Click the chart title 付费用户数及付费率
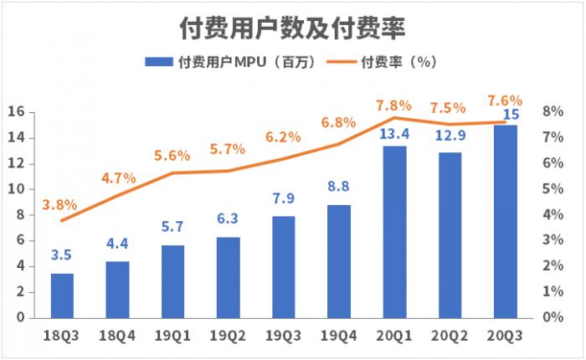(293, 28)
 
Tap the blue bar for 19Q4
(339, 261)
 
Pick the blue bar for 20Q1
(394, 232)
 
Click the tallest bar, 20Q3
(506, 221)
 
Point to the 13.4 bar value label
(394, 134)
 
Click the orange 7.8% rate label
(393, 105)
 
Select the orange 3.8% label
(59, 204)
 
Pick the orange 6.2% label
(283, 137)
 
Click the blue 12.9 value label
(450, 138)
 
